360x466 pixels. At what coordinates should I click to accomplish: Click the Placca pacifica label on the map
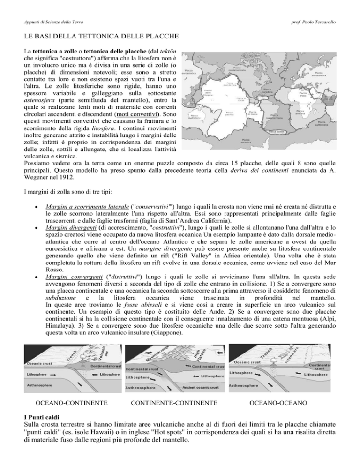coord(230,113)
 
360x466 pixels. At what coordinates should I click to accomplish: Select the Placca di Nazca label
coord(252,113)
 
